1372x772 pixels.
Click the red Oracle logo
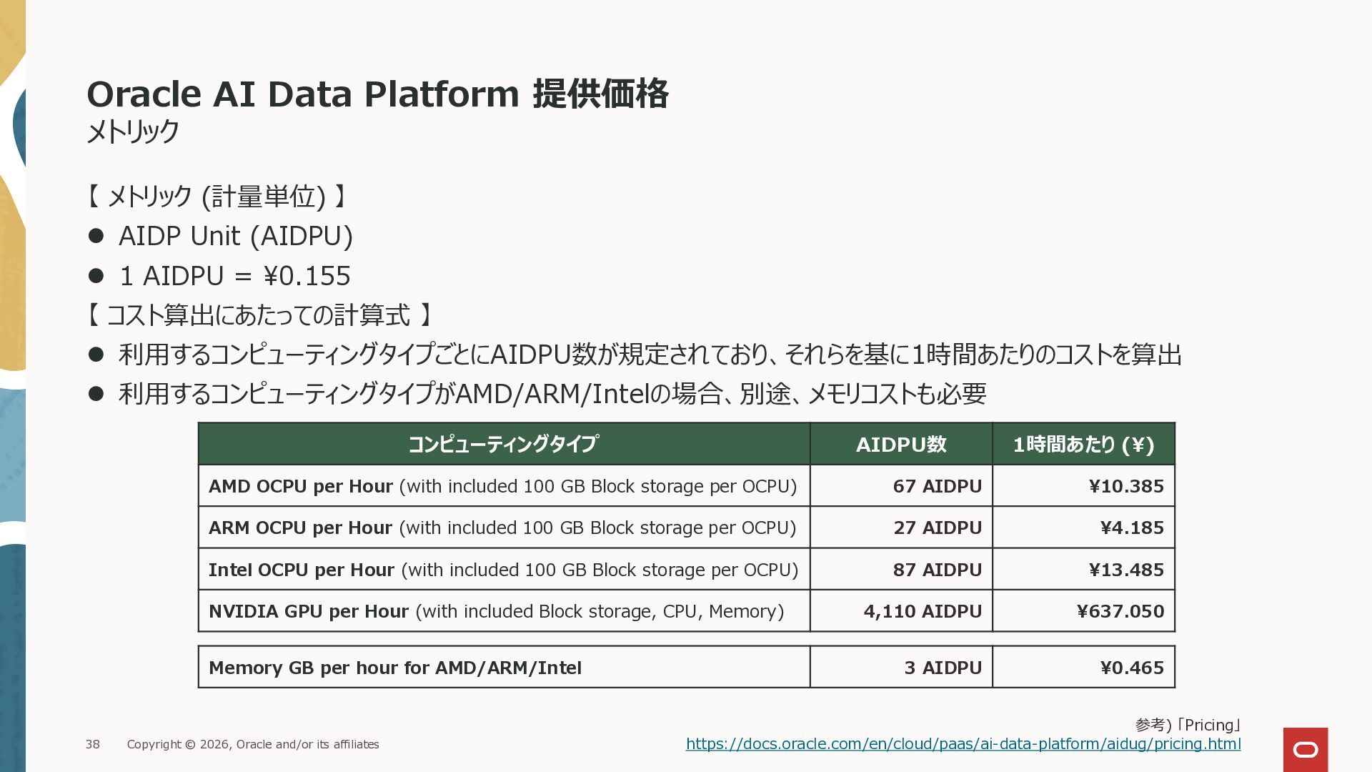[1306, 750]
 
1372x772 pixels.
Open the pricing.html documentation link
[963, 744]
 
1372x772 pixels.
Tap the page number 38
[93, 744]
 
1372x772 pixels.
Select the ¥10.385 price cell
[1083, 486]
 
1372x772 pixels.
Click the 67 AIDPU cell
[901, 486]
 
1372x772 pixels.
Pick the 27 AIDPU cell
[901, 528]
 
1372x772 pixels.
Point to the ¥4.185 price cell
[1083, 528]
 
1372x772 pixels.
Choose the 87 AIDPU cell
[901, 570]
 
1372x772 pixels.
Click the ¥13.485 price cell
[1083, 570]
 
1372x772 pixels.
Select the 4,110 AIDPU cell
[901, 611]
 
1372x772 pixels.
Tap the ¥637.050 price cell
[1083, 611]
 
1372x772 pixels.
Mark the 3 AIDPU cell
[901, 668]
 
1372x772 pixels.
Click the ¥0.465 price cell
[1083, 668]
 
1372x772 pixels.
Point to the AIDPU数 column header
[901, 444]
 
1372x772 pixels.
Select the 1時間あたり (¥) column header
[1083, 444]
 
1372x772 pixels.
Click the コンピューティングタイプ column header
[504, 444]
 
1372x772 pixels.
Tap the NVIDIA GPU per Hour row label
[309, 612]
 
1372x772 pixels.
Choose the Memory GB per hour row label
[395, 668]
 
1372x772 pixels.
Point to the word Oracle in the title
[144, 94]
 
